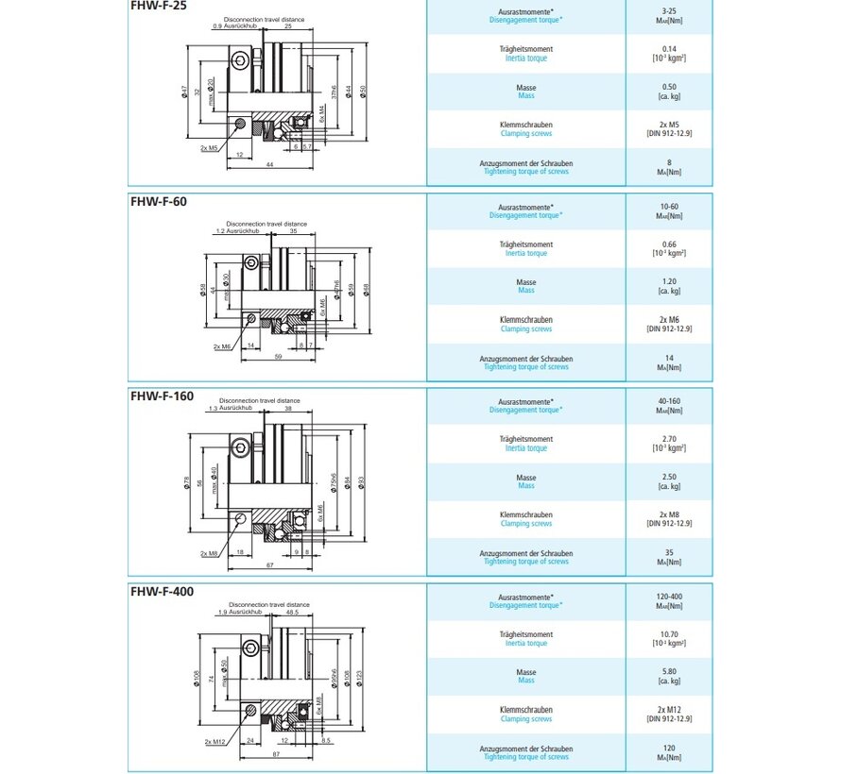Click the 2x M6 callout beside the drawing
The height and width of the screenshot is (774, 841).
[x=223, y=346]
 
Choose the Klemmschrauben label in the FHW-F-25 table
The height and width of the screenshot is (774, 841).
[x=526, y=125]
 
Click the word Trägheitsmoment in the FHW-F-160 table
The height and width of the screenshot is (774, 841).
[x=526, y=439]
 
